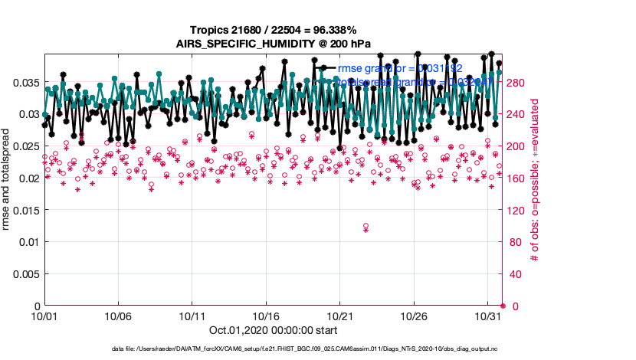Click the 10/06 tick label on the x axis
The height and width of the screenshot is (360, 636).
(x=118, y=316)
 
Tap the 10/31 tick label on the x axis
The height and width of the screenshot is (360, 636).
(x=488, y=316)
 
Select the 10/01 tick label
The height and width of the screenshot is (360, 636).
(x=44, y=316)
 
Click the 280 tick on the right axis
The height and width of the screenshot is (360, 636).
(x=515, y=82)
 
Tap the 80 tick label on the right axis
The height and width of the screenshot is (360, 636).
(x=513, y=242)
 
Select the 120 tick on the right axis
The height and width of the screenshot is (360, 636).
(x=515, y=210)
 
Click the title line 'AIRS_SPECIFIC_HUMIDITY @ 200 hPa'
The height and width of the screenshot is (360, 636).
(x=274, y=44)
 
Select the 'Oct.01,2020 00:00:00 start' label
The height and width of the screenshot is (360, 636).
(x=273, y=331)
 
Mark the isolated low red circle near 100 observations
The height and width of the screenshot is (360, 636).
(x=366, y=226)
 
